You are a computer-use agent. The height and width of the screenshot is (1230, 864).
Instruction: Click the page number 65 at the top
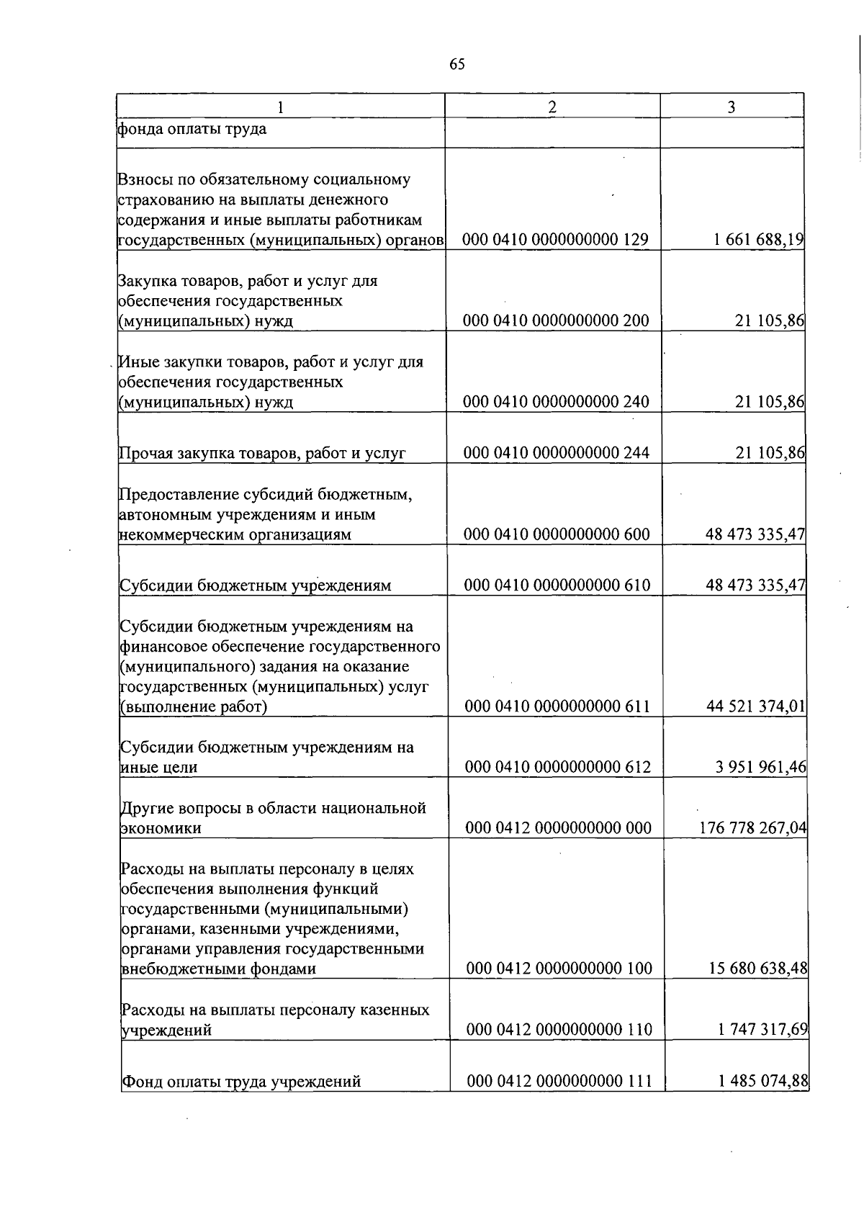point(456,64)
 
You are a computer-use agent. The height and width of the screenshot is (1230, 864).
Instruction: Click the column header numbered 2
point(552,107)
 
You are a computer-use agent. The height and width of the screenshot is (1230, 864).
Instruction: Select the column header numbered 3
point(731,107)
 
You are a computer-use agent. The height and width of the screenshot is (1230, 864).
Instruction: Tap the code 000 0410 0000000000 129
point(555,239)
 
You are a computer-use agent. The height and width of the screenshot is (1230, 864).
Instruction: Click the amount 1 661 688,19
point(759,239)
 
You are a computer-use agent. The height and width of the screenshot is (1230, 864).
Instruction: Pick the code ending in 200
point(556,320)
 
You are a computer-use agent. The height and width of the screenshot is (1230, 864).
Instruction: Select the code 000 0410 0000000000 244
point(557,452)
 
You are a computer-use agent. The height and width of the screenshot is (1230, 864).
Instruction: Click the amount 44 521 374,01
point(756,706)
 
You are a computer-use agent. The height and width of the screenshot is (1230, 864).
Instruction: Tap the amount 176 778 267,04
point(753,827)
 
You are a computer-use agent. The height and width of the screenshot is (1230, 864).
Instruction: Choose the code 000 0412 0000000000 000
point(558,827)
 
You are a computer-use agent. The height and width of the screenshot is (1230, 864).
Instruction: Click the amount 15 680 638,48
point(758,969)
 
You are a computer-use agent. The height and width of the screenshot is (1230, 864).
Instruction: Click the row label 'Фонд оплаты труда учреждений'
point(241,1081)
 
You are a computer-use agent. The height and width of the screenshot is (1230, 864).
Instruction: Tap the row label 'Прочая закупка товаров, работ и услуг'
point(262,453)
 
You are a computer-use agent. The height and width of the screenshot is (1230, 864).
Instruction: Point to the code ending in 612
point(557,767)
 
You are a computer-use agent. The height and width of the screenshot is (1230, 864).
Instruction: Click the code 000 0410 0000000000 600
point(557,534)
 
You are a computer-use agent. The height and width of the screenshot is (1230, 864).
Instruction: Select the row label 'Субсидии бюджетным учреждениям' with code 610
point(255,585)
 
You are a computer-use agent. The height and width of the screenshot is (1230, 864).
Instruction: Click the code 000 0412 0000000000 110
point(559,1029)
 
